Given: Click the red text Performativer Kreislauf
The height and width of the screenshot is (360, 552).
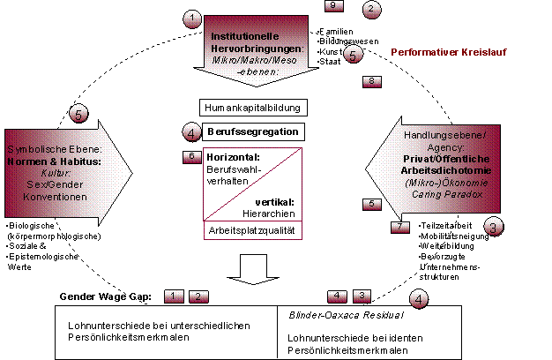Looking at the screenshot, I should pyautogui.click(x=449, y=53).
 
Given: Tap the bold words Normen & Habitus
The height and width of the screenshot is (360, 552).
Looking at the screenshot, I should pyautogui.click(x=62, y=161).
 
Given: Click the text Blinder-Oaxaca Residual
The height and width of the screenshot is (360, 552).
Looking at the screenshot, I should pyautogui.click(x=346, y=313).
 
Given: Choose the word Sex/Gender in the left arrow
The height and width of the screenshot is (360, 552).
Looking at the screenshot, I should pyautogui.click(x=59, y=184).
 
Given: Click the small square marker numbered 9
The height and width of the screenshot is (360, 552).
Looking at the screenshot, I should pyautogui.click(x=332, y=6).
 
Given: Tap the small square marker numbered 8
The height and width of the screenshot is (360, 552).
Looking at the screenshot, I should pyautogui.click(x=372, y=81).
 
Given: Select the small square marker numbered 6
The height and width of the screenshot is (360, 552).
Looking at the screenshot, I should pyautogui.click(x=193, y=156).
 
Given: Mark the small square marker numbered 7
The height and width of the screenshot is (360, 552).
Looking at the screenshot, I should pyautogui.click(x=399, y=227).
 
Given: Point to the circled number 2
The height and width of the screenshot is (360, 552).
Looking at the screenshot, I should pyautogui.click(x=372, y=10).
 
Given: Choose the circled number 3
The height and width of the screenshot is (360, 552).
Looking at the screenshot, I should pyautogui.click(x=494, y=227).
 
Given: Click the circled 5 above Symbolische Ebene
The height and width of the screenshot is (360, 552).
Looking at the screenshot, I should pyautogui.click(x=79, y=113).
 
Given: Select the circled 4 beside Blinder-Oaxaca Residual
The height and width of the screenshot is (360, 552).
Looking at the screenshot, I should pyautogui.click(x=421, y=298).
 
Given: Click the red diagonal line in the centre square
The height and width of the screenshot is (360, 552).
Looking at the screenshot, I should pyautogui.click(x=252, y=184).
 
